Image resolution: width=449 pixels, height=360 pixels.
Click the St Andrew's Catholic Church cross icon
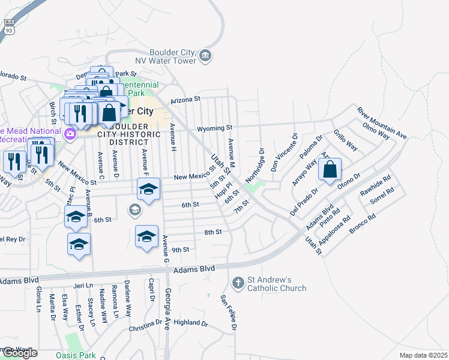pyautogui.click(x=238, y=282)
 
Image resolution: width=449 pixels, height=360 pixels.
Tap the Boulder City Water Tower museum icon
pyautogui.click(x=205, y=56)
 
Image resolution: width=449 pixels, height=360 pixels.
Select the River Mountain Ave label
pyautogui.click(x=382, y=123)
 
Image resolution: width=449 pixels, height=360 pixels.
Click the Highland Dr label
pyautogui.click(x=190, y=323)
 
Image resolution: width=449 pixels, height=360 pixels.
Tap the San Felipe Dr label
pyautogui.click(x=228, y=313)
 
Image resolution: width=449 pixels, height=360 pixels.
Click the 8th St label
pyautogui.click(x=213, y=232)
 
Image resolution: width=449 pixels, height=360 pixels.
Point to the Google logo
pyautogui.click(x=19, y=353)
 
